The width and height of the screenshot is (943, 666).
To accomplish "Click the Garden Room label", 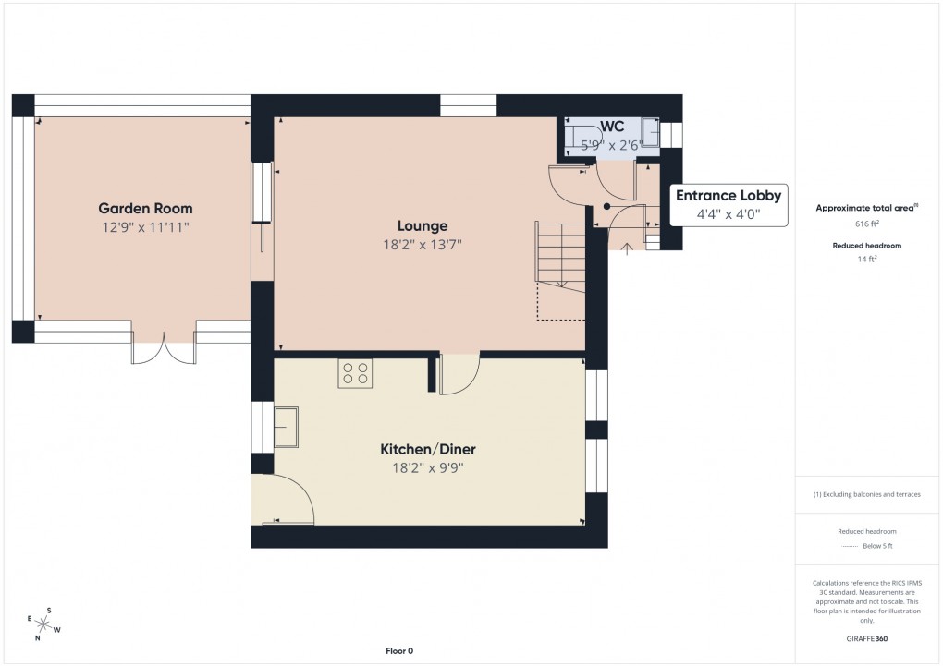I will [x=145, y=208].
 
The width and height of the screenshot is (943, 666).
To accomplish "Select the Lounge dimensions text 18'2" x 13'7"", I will [x=423, y=245].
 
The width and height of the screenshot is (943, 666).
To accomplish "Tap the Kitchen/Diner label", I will [x=428, y=449].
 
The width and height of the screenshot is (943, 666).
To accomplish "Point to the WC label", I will [x=611, y=126].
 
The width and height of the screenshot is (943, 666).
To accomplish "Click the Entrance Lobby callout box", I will [x=729, y=204].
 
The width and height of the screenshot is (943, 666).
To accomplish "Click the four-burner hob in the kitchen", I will [x=355, y=373].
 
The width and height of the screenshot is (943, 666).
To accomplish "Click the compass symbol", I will [x=43, y=624].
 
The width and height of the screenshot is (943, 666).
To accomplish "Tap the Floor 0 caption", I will [x=399, y=651].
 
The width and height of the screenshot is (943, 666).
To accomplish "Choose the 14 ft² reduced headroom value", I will [x=867, y=260].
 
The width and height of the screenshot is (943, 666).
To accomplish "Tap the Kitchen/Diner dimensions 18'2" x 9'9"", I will [x=428, y=467].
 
